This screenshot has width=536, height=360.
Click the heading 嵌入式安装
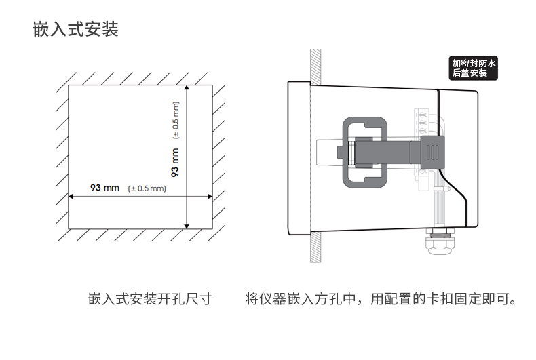tap(75, 31)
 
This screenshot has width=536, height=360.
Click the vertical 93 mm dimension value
tap(175, 162)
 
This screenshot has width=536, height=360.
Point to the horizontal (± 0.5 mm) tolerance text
tap(147, 188)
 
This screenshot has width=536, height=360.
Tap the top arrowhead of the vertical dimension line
tap(187, 87)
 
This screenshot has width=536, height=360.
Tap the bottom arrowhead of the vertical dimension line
tap(187, 225)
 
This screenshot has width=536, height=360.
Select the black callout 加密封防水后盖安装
tap(474, 68)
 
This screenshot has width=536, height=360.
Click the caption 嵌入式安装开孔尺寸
tap(150, 299)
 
